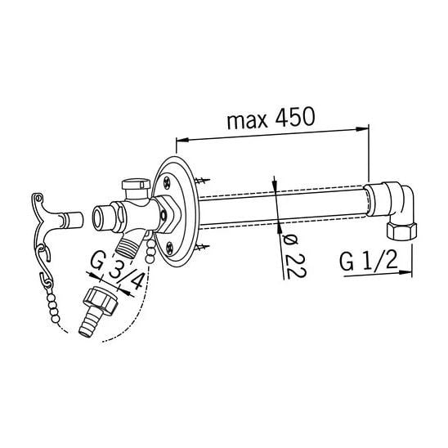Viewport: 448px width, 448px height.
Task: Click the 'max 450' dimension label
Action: pos(271,118)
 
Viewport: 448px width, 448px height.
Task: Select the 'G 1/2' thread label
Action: pos(368,261)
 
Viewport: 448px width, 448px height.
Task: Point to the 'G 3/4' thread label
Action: pos(117,270)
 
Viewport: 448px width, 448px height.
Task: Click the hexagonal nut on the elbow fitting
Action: pos(401,231)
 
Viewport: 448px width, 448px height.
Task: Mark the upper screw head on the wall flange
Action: pos(167,182)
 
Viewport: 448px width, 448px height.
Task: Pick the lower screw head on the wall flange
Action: pos(170,248)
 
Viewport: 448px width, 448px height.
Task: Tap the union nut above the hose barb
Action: pos(101,300)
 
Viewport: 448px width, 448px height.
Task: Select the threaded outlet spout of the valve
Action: pos(128,246)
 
